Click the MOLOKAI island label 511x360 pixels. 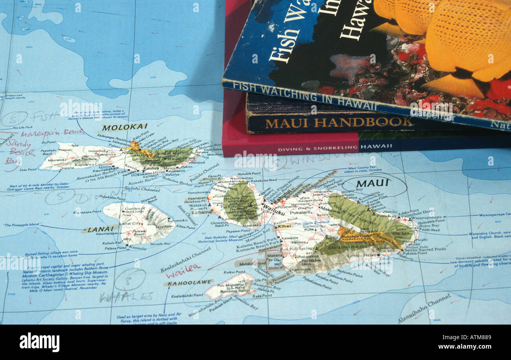(119, 127)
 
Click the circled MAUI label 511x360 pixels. (372, 183)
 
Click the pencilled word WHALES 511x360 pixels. (126, 296)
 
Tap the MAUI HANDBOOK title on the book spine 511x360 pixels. (338, 122)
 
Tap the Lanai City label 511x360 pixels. (129, 223)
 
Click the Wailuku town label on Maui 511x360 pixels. (274, 212)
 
